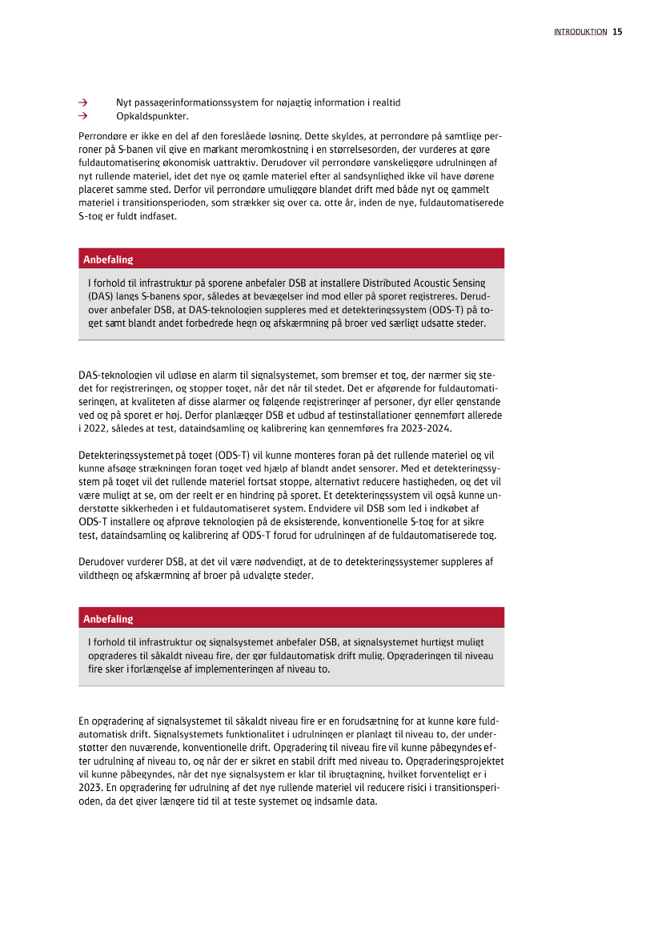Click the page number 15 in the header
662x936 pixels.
[x=617, y=32]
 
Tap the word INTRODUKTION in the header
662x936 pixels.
[x=580, y=32]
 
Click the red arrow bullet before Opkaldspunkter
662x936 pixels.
[x=82, y=116]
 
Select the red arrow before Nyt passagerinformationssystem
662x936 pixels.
[x=82, y=103]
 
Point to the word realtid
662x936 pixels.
[x=383, y=103]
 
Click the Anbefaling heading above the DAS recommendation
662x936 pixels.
[x=108, y=259]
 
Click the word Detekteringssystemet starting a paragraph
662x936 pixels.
[x=123, y=454]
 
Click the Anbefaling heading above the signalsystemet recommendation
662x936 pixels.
[x=108, y=619]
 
